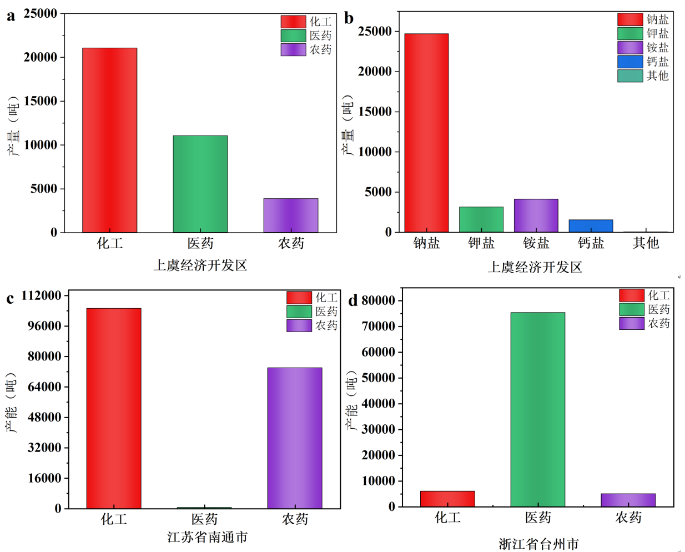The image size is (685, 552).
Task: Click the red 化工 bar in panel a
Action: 109,140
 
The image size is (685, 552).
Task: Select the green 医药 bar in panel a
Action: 200,184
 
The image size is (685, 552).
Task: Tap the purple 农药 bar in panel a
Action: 290,215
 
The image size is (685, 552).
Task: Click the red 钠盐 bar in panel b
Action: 426,133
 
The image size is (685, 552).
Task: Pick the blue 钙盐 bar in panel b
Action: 591,226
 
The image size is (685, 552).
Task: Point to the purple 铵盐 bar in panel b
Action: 536,215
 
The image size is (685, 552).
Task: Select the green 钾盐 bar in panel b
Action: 481,219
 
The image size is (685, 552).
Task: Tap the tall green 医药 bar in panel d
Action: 537,409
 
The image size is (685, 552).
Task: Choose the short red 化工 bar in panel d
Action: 447,499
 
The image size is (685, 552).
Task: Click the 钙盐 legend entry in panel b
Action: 643,62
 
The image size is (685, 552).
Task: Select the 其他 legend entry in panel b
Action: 643,76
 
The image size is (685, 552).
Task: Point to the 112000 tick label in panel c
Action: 41,295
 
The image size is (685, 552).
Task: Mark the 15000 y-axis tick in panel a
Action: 41,101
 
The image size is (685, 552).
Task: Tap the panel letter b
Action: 349,18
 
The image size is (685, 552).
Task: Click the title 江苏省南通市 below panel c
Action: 207,537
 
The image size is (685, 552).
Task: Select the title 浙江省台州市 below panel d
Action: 538,544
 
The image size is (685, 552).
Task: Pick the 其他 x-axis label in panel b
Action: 646,243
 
